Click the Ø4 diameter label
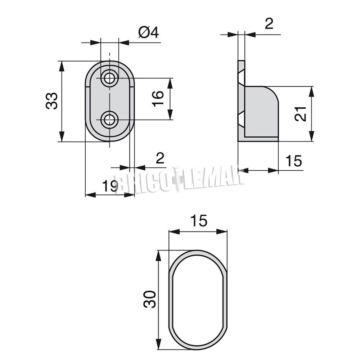(149, 32)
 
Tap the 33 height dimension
(51, 101)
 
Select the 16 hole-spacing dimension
(158, 99)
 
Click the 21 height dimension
(300, 114)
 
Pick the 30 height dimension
(149, 299)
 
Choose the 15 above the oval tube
(199, 221)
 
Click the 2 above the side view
(269, 23)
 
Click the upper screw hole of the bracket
(110, 78)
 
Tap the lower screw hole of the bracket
(110, 120)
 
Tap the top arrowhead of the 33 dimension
(61, 66)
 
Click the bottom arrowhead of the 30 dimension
(158, 345)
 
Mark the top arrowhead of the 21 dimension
(311, 92)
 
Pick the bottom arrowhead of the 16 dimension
(170, 114)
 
